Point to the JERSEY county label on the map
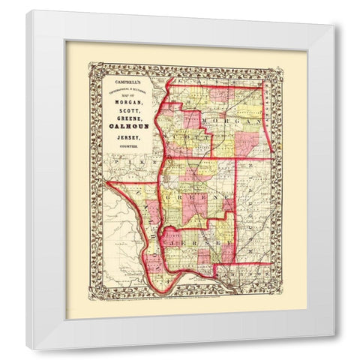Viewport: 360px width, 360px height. point(196,244)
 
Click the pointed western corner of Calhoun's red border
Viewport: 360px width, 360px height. point(108,181)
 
